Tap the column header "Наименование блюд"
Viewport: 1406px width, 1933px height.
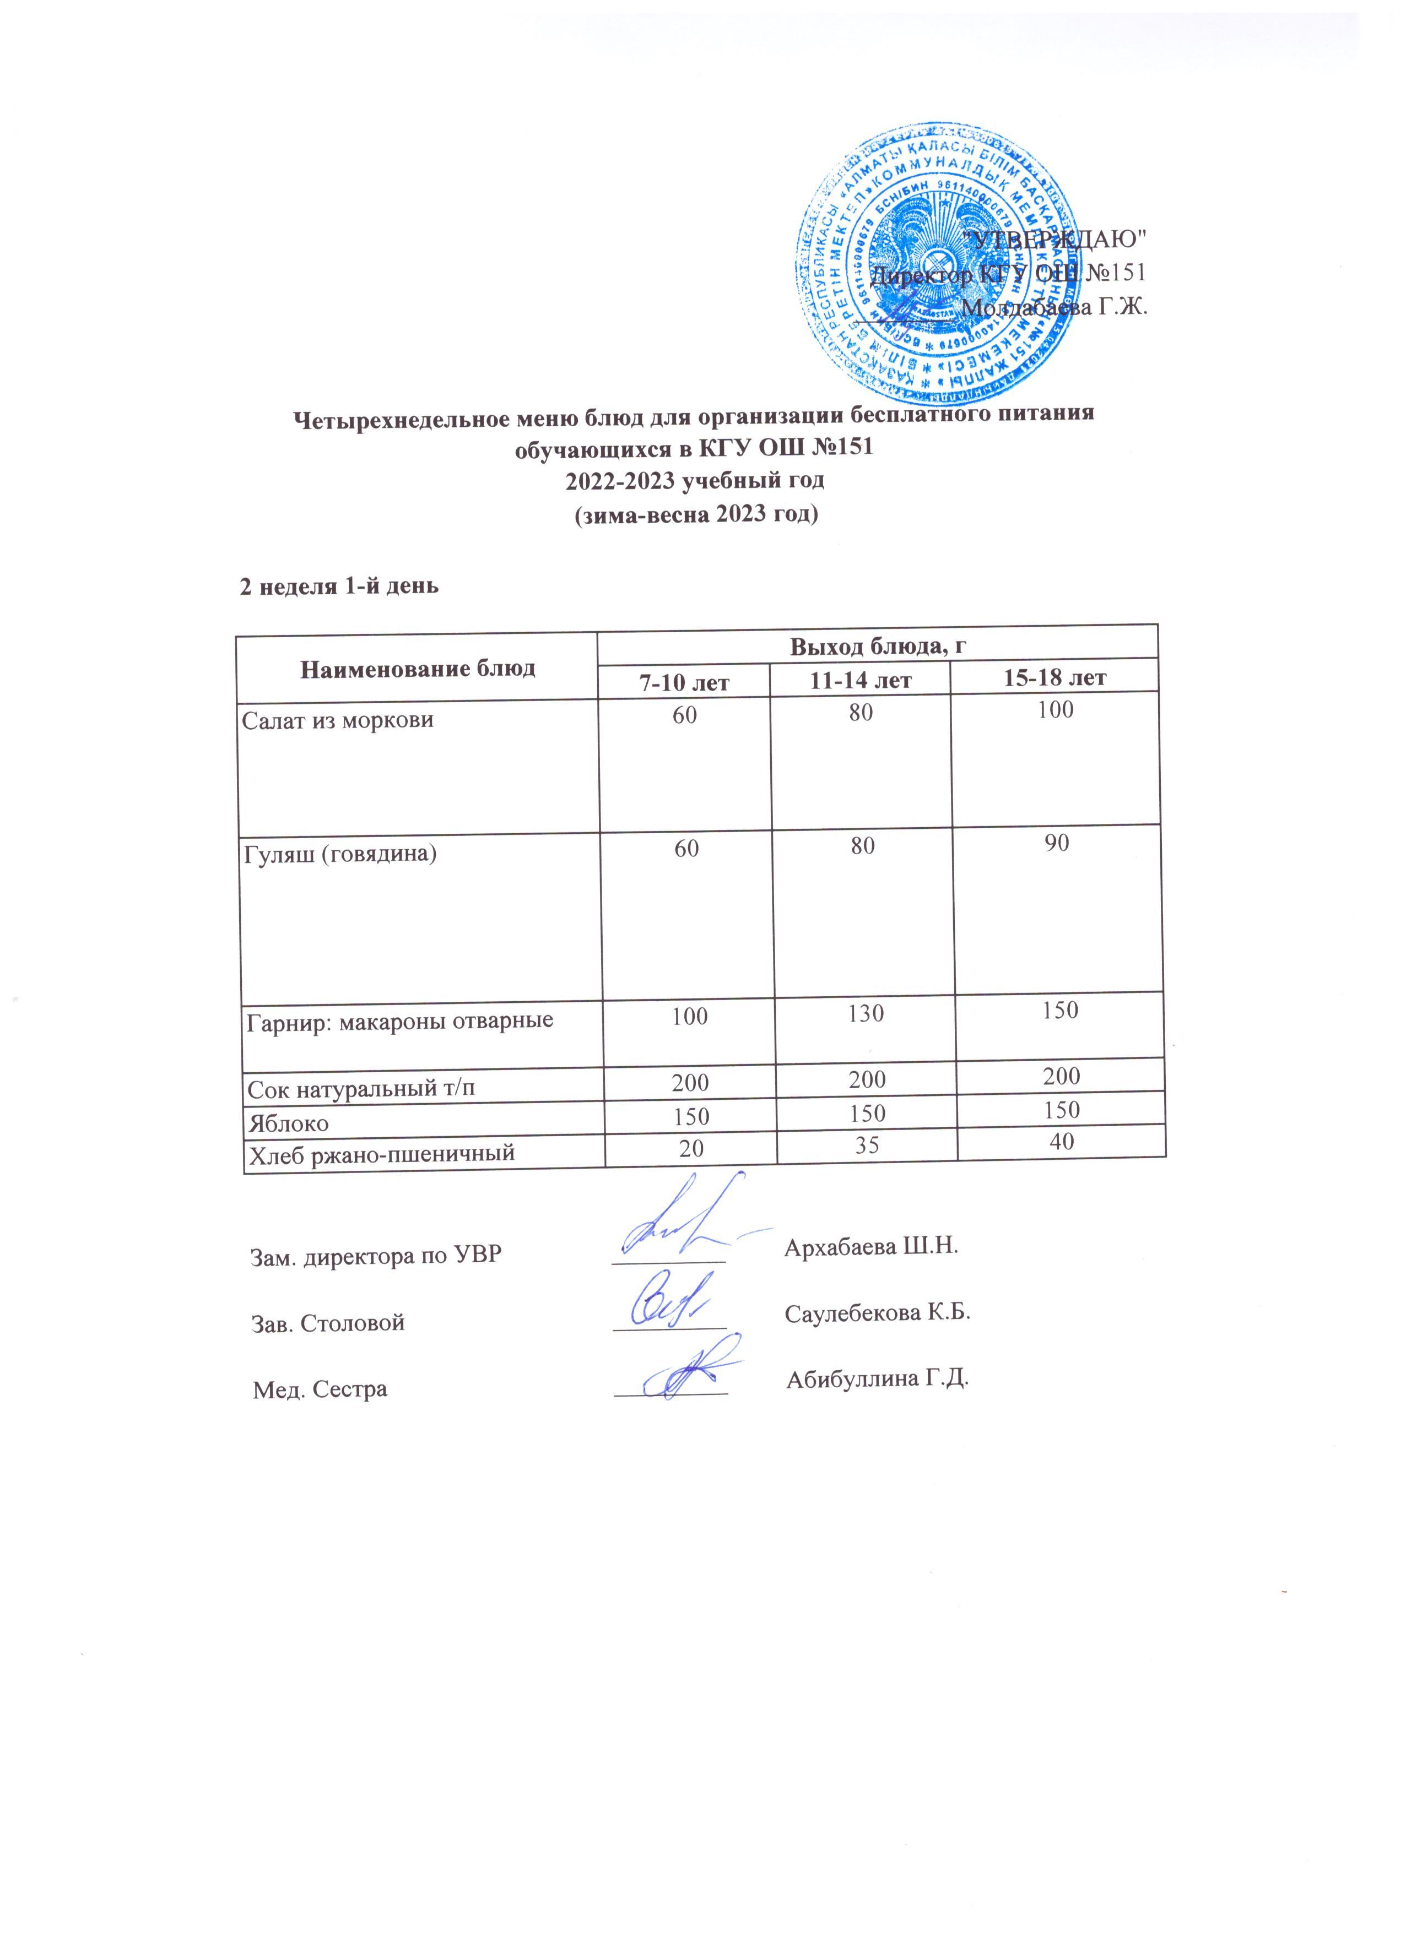point(418,667)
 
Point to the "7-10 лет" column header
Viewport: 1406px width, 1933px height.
point(685,682)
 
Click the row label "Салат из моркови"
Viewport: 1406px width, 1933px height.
point(338,720)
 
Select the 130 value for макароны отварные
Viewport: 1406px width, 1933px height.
point(866,1014)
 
